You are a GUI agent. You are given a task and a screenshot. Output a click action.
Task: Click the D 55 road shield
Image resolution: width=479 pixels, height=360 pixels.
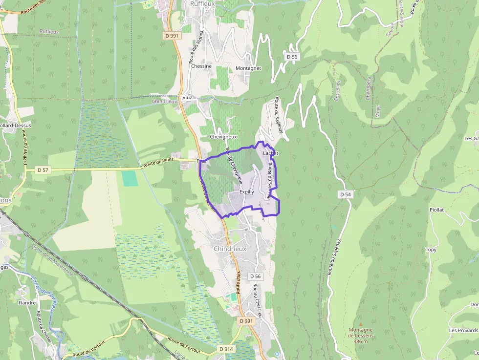point(292,57)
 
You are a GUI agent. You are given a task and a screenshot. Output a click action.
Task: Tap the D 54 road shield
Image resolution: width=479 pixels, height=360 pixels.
point(346,194)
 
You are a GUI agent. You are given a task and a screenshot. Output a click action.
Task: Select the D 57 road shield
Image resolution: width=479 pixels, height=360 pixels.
point(44,170)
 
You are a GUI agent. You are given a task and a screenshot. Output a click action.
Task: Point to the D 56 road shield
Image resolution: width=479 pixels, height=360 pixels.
point(255,276)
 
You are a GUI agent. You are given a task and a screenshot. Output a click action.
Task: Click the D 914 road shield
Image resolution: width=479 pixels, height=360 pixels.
point(226,349)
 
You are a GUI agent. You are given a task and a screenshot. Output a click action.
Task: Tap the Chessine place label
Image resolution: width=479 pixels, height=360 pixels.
point(201,66)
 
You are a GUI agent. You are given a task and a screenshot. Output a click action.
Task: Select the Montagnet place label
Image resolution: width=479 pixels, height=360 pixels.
point(248,68)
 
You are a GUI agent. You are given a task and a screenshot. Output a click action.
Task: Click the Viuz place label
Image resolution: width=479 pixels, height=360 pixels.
point(187,98)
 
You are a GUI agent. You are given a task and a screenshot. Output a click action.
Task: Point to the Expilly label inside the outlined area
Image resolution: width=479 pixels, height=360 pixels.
point(247,192)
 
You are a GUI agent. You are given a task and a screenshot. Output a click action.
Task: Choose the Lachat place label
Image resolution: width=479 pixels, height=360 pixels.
point(270,153)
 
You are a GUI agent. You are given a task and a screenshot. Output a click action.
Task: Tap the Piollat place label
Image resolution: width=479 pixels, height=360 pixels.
point(436,210)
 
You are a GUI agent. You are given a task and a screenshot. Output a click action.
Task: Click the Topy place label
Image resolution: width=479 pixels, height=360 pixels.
point(431,250)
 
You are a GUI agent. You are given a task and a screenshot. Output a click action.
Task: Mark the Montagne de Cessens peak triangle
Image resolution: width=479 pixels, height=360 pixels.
point(361,324)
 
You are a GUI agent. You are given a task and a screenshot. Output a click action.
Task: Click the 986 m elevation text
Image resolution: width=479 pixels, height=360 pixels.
point(361,341)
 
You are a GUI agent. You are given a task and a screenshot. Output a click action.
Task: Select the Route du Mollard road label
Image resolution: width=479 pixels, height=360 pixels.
point(24,147)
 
